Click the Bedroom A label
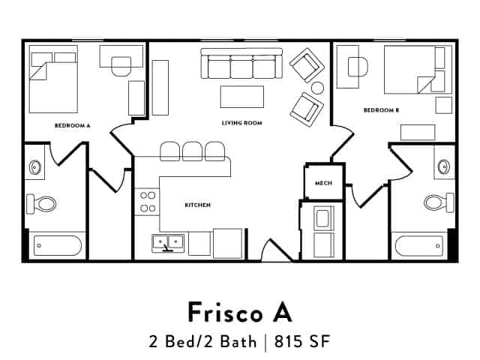tap(72, 126)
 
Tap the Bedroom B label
tap(381, 110)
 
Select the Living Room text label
tap(241, 122)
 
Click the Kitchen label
tap(197, 205)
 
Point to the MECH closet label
tap(323, 183)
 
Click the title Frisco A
tap(240, 310)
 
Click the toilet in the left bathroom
tap(42, 202)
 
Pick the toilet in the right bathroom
tap(437, 202)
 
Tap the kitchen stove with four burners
tap(147, 202)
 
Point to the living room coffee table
tap(241, 97)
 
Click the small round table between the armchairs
tap(317, 88)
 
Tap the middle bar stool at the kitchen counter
tap(193, 151)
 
